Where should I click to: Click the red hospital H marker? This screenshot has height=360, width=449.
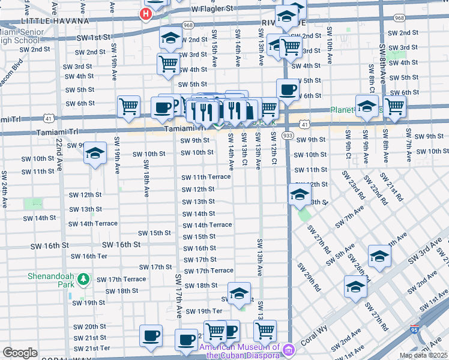pos(145,14)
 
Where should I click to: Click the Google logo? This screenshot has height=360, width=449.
pos(20,353)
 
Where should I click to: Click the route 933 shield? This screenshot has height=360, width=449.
pos(287,136)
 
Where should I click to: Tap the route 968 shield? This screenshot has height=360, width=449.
pos(188,25)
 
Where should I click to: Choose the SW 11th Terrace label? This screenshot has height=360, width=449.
pos(206,177)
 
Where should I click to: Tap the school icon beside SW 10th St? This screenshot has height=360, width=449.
pos(95,153)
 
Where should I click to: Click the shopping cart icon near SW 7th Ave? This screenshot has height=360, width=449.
pos(395,106)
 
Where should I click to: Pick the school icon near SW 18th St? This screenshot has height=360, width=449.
pos(239,293)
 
